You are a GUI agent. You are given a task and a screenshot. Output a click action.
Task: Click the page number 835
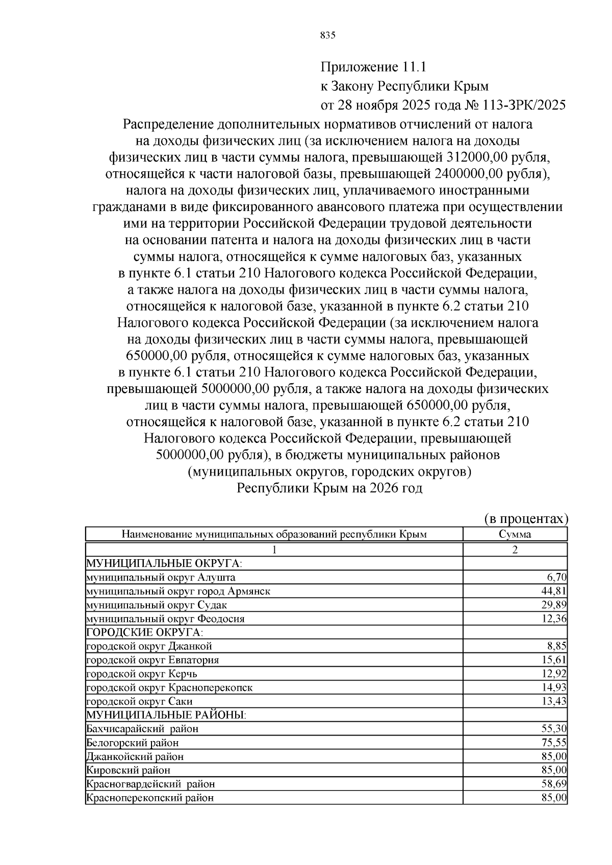pyautogui.click(x=327, y=35)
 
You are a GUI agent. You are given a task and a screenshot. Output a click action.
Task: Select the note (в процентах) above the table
pyautogui.click(x=525, y=519)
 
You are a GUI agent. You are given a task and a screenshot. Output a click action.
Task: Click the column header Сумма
pyautogui.click(x=515, y=534)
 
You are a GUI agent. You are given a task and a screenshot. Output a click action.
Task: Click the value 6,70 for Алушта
pyautogui.click(x=556, y=577)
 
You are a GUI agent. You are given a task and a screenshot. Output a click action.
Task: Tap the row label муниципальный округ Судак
pyautogui.click(x=157, y=605)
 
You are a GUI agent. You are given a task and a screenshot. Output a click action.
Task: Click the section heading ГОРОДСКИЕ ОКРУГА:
pyautogui.click(x=144, y=633)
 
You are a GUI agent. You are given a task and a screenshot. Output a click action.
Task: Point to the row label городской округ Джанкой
pyautogui.click(x=149, y=646)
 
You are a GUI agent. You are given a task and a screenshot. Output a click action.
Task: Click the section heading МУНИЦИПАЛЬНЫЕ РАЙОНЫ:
pyautogui.click(x=166, y=715)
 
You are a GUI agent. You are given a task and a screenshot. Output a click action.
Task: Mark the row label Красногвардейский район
pyautogui.click(x=150, y=784)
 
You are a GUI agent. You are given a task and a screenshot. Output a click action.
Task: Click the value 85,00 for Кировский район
pyautogui.click(x=554, y=770)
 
